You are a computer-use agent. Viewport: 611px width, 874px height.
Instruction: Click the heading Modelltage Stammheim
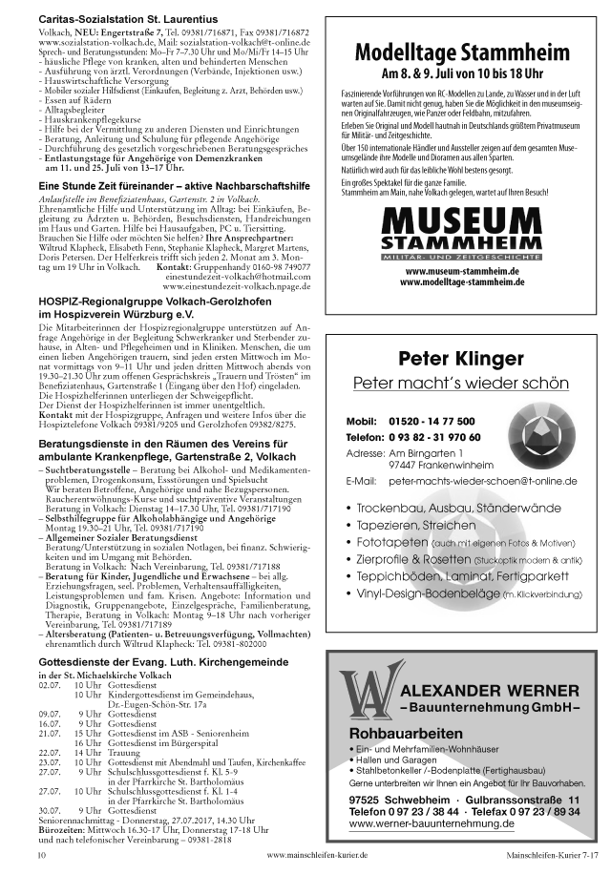[462, 53]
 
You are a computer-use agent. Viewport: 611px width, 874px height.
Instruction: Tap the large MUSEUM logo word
[461, 225]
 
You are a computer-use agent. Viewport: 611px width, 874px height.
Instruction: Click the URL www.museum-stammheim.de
[461, 272]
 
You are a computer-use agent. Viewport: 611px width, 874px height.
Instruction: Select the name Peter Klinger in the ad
[461, 360]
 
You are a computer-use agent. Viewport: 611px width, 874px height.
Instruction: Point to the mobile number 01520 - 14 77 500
[431, 421]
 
